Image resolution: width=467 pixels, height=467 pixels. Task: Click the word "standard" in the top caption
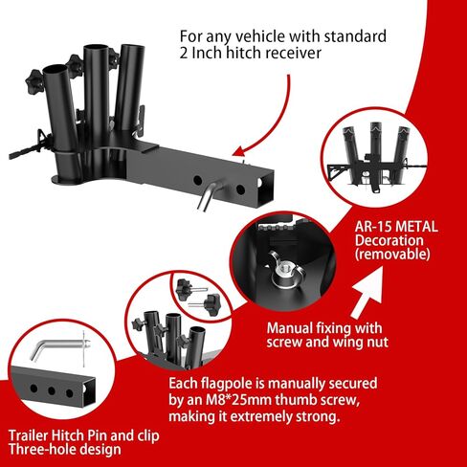click(355, 36)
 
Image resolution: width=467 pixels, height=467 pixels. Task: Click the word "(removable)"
click(392, 255)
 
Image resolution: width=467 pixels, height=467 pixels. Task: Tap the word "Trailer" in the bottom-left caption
click(29, 435)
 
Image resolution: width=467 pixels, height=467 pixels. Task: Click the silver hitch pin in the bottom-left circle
click(59, 346)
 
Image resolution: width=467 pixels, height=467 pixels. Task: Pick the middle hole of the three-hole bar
click(51, 391)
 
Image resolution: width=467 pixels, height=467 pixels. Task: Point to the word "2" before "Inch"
click(184, 53)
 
